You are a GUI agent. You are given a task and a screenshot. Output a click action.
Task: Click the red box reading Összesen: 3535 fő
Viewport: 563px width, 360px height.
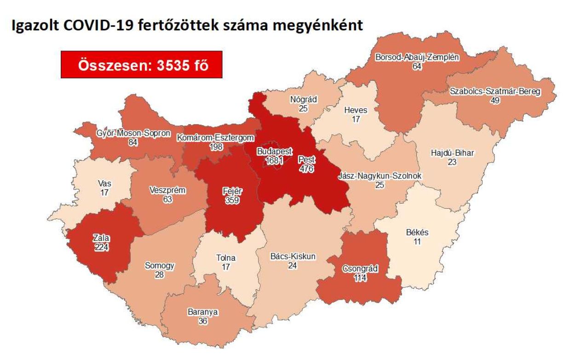point(142,65)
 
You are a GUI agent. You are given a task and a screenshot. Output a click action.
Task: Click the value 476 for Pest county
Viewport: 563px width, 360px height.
point(306,167)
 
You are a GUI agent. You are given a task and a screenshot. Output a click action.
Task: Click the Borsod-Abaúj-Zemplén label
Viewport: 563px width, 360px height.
point(417,57)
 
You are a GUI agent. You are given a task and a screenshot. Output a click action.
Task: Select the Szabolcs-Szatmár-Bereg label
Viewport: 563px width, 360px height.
point(495,91)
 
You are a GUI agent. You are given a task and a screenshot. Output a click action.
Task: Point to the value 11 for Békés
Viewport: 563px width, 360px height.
point(417,241)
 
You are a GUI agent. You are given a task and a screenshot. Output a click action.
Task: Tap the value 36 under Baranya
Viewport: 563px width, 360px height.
point(202,321)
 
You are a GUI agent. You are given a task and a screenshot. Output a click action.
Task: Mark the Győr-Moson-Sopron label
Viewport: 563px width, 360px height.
point(133,133)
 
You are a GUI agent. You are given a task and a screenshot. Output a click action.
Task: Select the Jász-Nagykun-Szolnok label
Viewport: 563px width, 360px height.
point(380,176)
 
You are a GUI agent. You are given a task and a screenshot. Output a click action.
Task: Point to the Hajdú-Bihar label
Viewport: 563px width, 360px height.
point(453,154)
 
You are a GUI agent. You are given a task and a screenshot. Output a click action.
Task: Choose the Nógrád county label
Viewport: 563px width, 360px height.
point(304,100)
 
